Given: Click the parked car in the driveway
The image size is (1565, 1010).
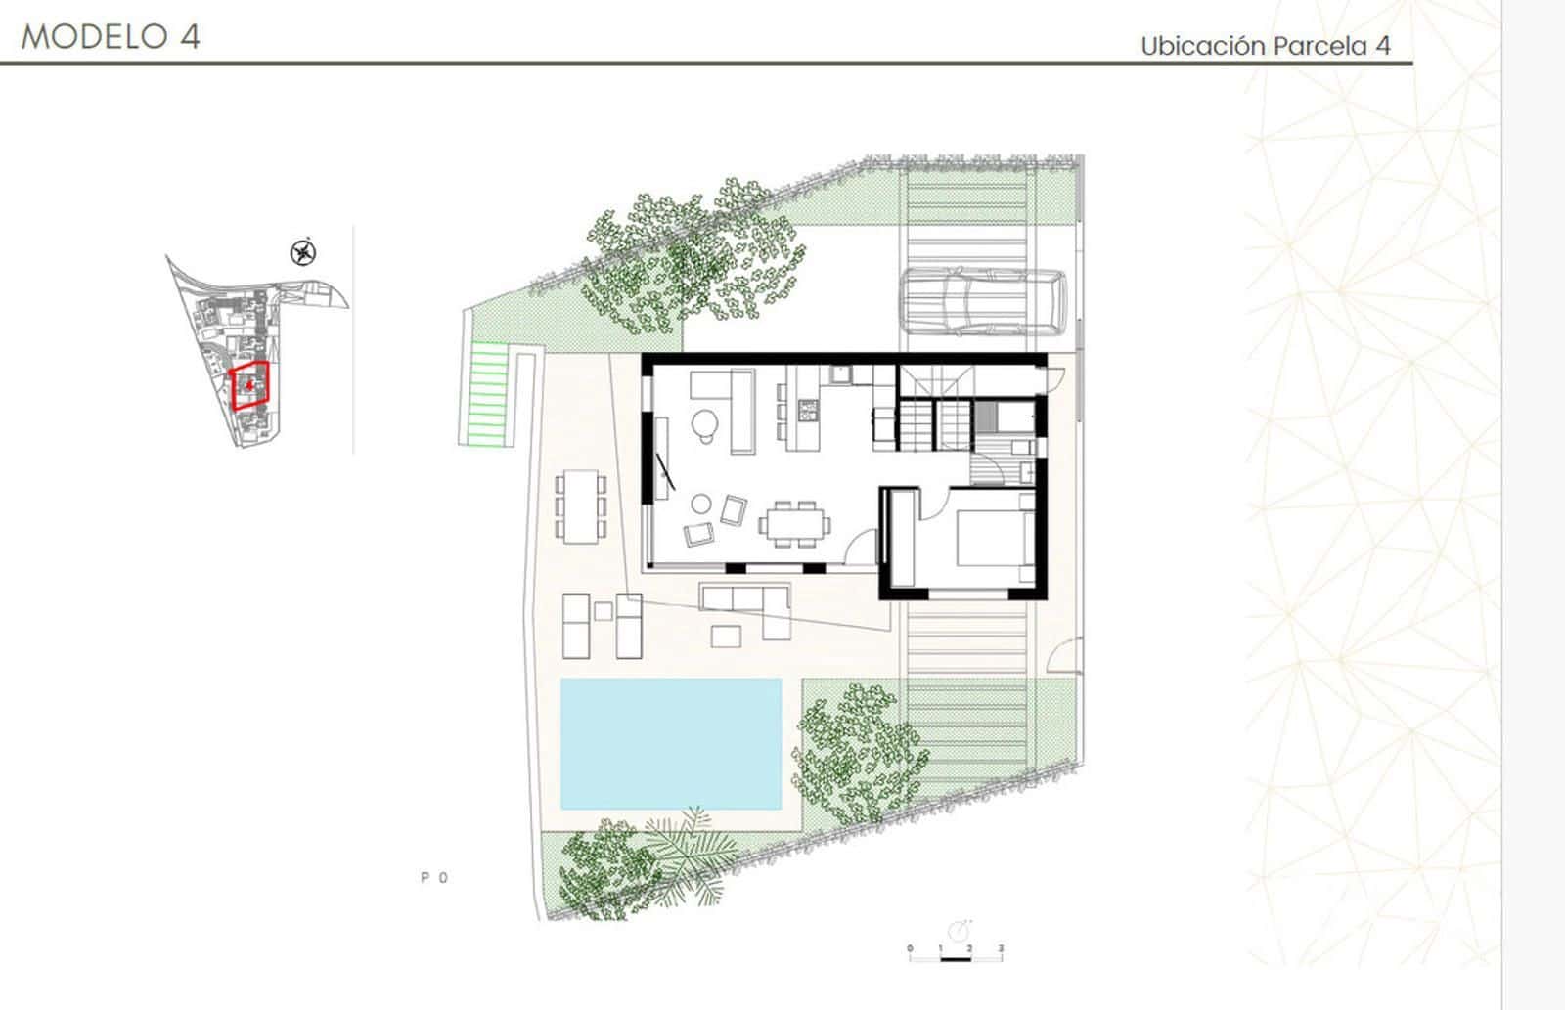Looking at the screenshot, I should point(982,301).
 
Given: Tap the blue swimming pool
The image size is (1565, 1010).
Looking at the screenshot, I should point(671,744).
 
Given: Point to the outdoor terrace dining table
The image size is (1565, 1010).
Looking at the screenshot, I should point(581,505).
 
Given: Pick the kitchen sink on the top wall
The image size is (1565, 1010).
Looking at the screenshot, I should point(839,374).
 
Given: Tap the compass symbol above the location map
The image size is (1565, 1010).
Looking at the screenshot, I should point(304,253).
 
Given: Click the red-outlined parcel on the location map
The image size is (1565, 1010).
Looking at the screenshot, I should point(250,385).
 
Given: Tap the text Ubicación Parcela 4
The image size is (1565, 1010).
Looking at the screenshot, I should point(1265,45).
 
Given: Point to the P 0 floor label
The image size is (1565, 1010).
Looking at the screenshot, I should point(434,878).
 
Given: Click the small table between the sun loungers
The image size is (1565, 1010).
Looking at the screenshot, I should point(604,611).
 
